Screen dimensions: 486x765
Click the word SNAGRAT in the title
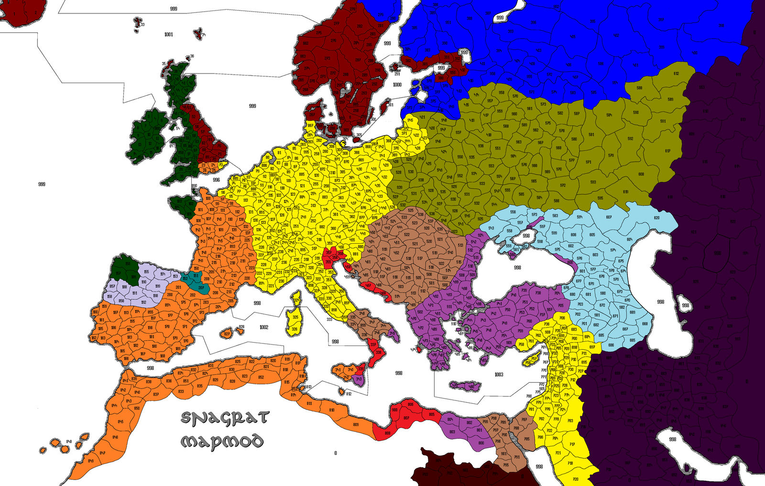(x=224, y=418)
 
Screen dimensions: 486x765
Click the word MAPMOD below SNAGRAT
(x=222, y=441)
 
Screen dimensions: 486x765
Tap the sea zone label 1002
(x=263, y=327)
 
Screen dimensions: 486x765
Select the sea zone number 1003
(x=498, y=375)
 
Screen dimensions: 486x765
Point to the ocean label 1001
(x=168, y=34)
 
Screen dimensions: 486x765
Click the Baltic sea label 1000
(x=397, y=85)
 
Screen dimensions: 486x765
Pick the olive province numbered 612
(x=676, y=74)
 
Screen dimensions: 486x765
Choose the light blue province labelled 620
(x=656, y=218)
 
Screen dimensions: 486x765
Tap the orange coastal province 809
(x=355, y=425)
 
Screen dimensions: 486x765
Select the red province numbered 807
(x=406, y=418)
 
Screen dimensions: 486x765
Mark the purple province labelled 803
(x=452, y=432)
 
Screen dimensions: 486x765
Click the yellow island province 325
(x=295, y=317)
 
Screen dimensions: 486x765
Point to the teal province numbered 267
(x=201, y=287)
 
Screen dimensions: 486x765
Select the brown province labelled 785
(x=526, y=439)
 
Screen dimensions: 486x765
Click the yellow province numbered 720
(x=575, y=479)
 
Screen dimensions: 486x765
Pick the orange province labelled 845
(x=120, y=421)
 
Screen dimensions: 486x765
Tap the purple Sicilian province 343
(x=359, y=378)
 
